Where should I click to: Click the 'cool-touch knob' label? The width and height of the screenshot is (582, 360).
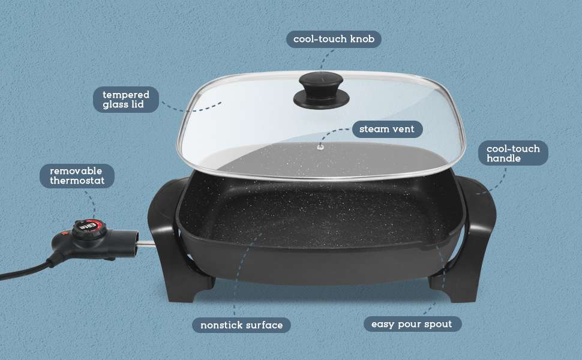pyautogui.click(x=334, y=39)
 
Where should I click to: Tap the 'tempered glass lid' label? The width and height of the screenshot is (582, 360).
pyautogui.click(x=126, y=100)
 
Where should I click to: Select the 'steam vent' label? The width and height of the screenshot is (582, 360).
pyautogui.click(x=387, y=129)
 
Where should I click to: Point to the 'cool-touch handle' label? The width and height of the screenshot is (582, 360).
pyautogui.click(x=513, y=153)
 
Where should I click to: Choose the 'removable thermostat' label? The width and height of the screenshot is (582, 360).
pyautogui.click(x=77, y=176)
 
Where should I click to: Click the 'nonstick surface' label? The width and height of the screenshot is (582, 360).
pyautogui.click(x=241, y=325)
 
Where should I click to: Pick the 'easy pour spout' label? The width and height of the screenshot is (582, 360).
pyautogui.click(x=412, y=324)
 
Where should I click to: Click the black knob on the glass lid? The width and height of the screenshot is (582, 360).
pyautogui.click(x=322, y=90)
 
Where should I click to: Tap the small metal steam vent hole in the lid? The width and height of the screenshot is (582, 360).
pyautogui.click(x=320, y=148)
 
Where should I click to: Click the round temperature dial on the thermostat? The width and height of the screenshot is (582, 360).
pyautogui.click(x=89, y=229)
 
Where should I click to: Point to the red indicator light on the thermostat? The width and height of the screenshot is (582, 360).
pyautogui.click(x=64, y=234)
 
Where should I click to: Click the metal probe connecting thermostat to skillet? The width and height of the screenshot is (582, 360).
pyautogui.click(x=146, y=244)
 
